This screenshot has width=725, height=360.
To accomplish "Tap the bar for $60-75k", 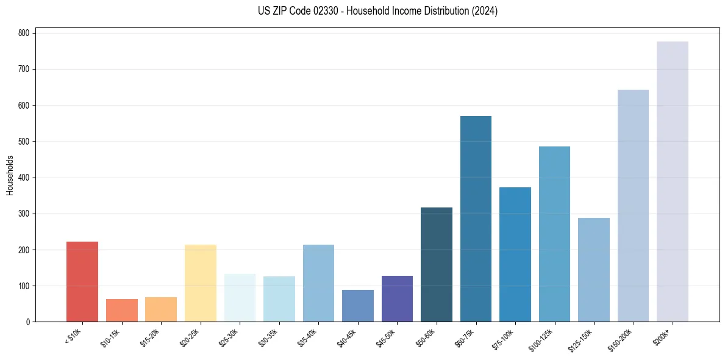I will [x=476, y=219].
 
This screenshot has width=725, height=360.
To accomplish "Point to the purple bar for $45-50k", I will [x=397, y=299].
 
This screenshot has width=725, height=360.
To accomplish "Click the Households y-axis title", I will [x=10, y=175].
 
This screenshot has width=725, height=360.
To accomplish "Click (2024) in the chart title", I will [x=485, y=11].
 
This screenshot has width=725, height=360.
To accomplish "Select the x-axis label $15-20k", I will [x=152, y=337].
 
